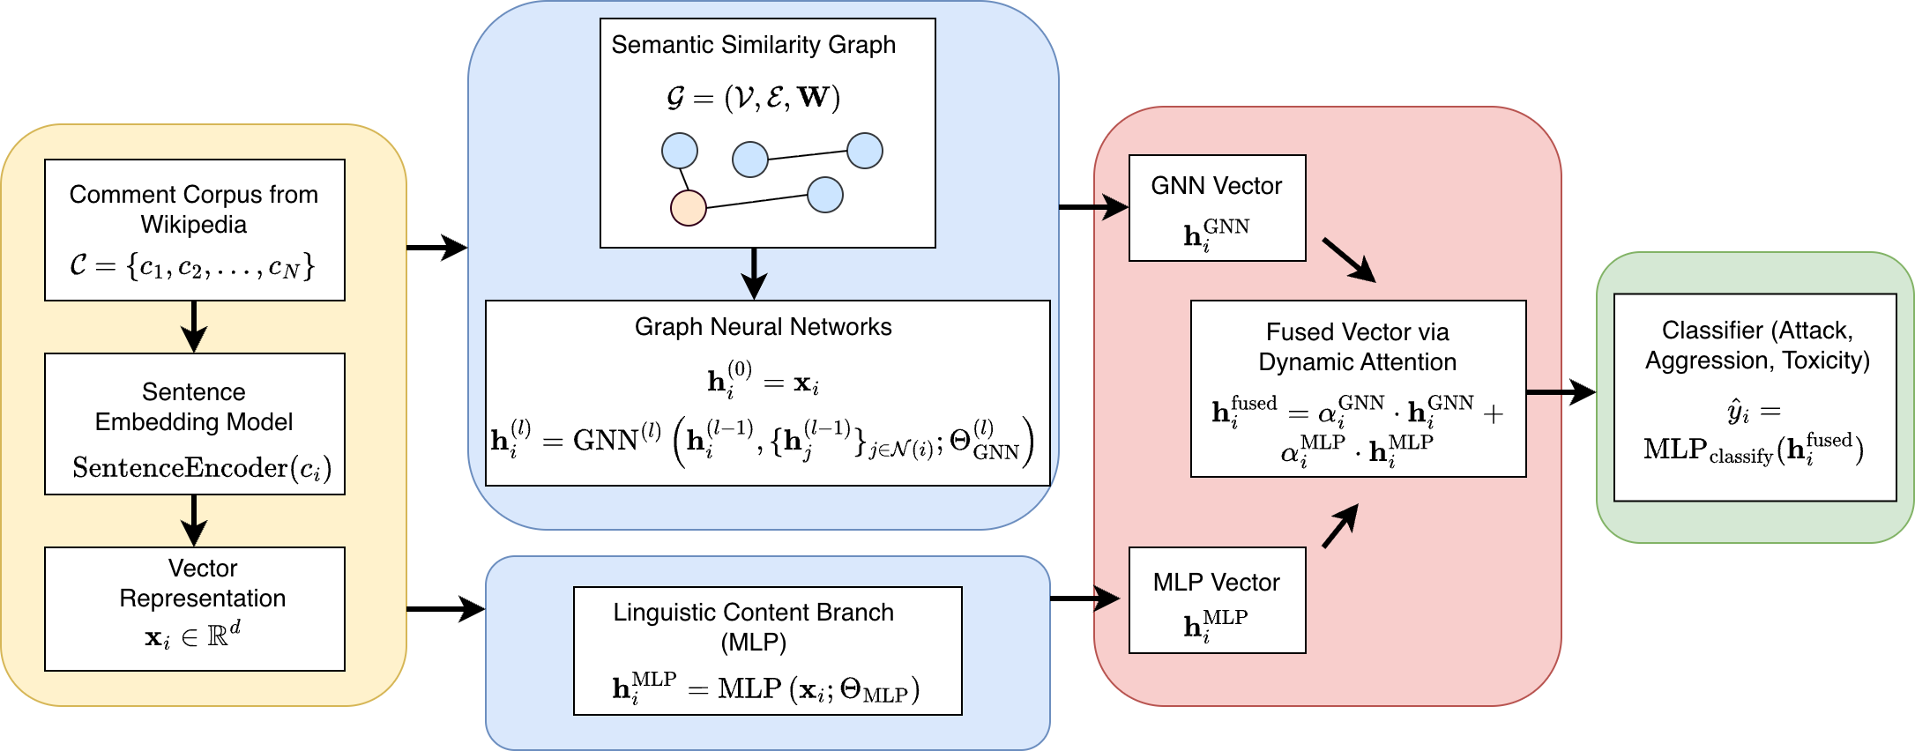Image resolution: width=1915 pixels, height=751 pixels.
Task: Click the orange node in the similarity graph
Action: pyautogui.click(x=688, y=208)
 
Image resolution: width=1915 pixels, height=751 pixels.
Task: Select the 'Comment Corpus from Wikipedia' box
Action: pyautogui.click(x=194, y=229)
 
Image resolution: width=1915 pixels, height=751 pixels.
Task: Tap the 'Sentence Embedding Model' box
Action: pyautogui.click(x=194, y=423)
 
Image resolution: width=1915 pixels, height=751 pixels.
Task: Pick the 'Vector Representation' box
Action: pyautogui.click(x=194, y=608)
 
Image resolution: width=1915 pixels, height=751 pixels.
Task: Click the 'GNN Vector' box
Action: pyautogui.click(x=1217, y=208)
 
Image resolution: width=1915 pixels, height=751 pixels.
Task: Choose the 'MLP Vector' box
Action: pyautogui.click(x=1217, y=599)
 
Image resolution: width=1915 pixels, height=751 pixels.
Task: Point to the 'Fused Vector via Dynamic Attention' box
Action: pyautogui.click(x=1358, y=388)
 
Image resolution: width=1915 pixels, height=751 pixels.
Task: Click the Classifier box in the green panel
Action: pyautogui.click(x=1755, y=397)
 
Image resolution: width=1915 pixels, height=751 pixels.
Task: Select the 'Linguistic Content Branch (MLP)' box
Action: pyautogui.click(x=767, y=651)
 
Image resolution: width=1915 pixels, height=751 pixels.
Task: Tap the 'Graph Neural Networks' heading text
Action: pyautogui.click(x=763, y=327)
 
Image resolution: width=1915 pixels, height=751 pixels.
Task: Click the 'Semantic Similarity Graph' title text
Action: pyautogui.click(x=753, y=45)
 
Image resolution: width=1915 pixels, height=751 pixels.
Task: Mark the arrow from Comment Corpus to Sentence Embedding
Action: pyautogui.click(x=194, y=327)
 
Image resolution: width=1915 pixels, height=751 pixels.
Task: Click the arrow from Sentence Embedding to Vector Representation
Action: pyautogui.click(x=194, y=521)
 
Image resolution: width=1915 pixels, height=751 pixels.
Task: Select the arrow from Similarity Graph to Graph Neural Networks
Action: pyautogui.click(x=754, y=274)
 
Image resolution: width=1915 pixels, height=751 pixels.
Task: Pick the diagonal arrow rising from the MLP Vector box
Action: pyautogui.click(x=1340, y=526)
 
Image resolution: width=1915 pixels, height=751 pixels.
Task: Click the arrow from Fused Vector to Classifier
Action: pyautogui.click(x=1561, y=392)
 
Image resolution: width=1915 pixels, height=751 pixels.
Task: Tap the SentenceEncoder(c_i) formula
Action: pyautogui.click(x=202, y=468)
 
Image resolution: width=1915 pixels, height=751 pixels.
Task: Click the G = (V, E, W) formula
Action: pyautogui.click(x=753, y=97)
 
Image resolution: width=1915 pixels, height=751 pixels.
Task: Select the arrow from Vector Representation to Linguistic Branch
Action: pyautogui.click(x=445, y=608)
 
